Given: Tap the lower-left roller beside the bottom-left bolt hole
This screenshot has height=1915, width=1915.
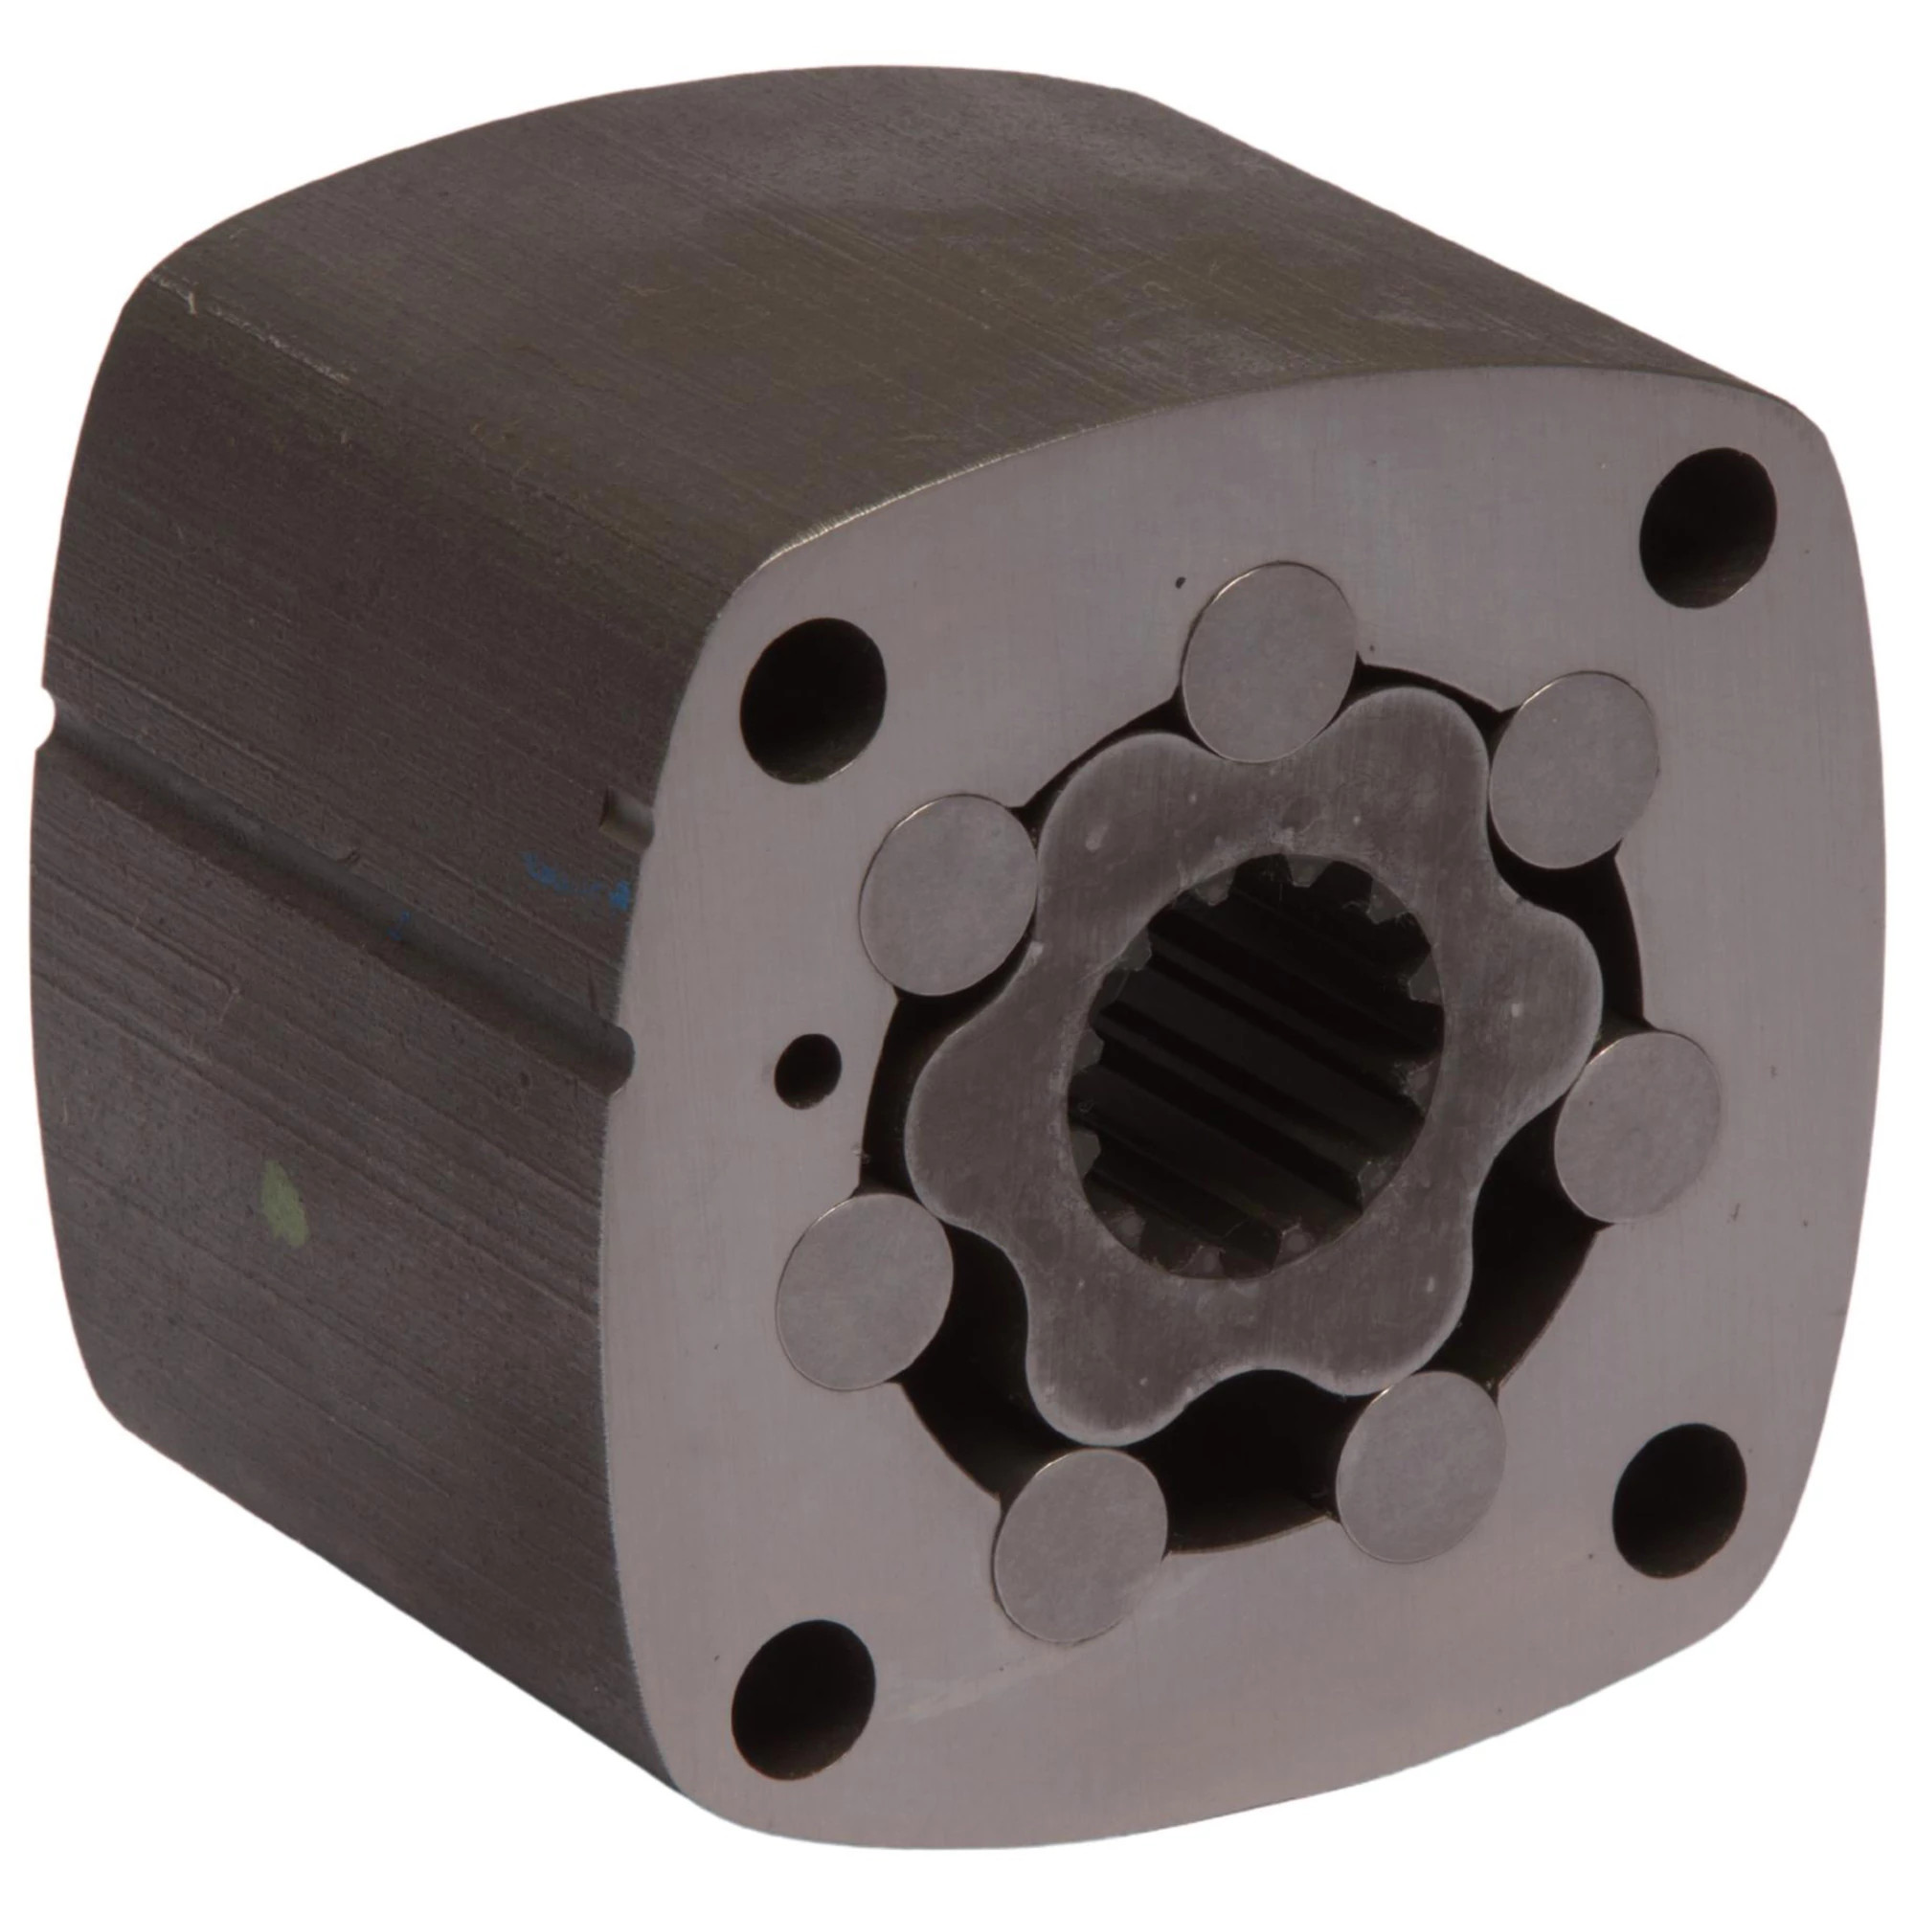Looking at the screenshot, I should [x=865, y=1278].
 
